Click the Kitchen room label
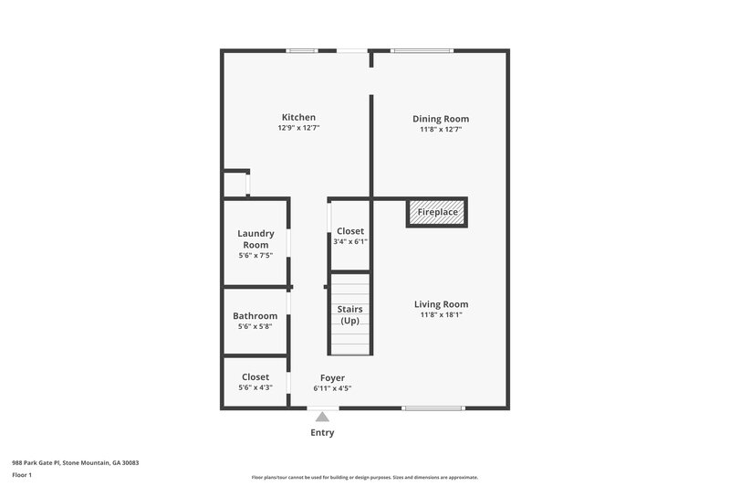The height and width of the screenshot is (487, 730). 298,117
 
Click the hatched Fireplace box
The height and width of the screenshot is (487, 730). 437,212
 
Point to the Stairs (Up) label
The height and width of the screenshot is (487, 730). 349,315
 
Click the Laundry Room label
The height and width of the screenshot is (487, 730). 255,239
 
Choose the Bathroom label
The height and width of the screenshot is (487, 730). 255,316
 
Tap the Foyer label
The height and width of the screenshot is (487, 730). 332,377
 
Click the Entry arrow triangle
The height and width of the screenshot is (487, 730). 321,417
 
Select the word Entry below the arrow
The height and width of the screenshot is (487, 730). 321,432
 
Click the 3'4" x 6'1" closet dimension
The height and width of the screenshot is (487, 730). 350,242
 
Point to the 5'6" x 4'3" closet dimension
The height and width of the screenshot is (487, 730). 255,387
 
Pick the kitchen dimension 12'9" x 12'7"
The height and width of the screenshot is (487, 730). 298,129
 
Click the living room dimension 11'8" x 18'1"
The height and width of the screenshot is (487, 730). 441,316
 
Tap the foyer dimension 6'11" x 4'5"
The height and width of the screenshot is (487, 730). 332,388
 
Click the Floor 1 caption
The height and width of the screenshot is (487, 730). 23,476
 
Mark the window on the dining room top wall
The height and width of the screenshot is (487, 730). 422,50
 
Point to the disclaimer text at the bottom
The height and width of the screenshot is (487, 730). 365,477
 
